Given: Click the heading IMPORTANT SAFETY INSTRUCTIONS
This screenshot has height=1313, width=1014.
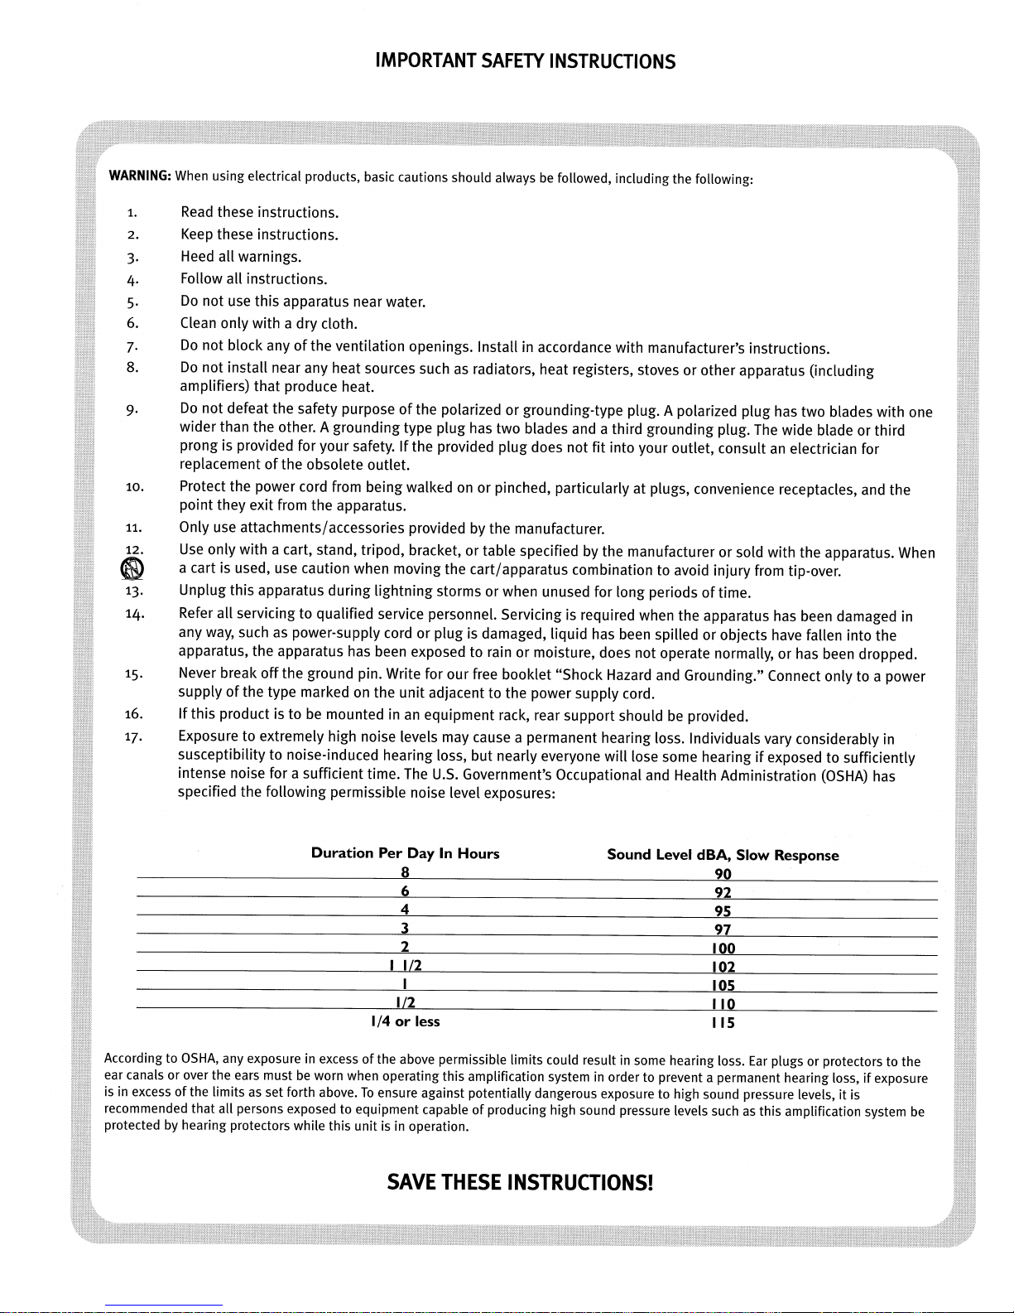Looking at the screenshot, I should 525,61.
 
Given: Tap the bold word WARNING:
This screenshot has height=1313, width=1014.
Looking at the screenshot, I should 139,177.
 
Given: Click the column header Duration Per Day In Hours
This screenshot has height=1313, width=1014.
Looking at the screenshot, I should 405,853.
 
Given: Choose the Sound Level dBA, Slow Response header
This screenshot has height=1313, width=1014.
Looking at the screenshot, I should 723,855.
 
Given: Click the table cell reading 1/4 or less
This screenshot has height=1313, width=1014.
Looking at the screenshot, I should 406,1021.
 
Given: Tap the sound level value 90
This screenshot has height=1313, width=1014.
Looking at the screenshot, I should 723,874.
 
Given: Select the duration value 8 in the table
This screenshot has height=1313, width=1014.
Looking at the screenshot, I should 405,872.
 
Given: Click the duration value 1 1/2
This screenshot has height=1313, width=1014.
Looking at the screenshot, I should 405,966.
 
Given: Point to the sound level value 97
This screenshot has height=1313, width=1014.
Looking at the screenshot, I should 723,929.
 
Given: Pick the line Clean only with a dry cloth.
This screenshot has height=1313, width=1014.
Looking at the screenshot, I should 268,323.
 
